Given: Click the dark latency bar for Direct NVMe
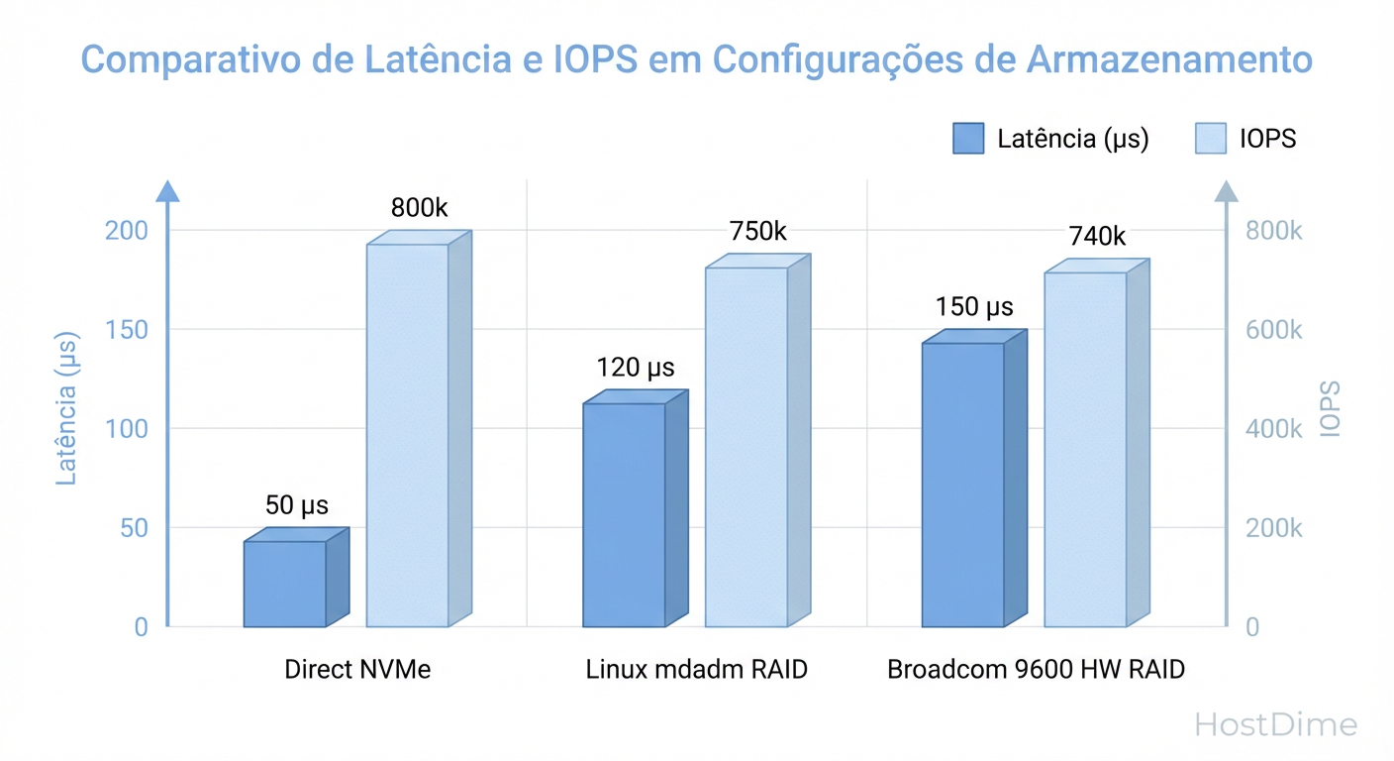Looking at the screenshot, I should click(285, 584).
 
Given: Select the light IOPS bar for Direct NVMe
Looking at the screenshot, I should click(408, 436).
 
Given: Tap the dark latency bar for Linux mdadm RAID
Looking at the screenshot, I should click(624, 515).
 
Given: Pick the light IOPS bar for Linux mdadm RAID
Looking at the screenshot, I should click(747, 447).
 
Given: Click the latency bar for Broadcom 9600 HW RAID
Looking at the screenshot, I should click(962, 485).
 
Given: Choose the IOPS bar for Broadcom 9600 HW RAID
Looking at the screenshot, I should click(1085, 450).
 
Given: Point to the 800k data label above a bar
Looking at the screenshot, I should click(419, 208).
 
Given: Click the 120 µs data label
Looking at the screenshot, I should click(635, 369).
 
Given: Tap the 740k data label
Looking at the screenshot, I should click(1097, 237).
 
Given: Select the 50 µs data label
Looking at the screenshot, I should click(296, 505).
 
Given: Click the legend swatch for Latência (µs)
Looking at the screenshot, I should click(968, 139).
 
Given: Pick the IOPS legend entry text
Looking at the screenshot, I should click(1267, 139).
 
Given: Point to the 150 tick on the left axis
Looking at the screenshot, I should click(126, 329).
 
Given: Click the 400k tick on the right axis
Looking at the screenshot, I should click(1274, 429).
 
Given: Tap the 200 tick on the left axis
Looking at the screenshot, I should click(126, 230).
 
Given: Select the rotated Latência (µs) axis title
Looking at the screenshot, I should click(66, 407).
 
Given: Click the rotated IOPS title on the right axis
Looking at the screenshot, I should click(1330, 408).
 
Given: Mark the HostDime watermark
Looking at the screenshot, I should click(1275, 724).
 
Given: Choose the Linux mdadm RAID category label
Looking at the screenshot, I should click(696, 669).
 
